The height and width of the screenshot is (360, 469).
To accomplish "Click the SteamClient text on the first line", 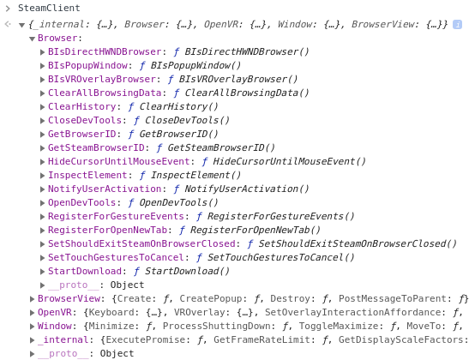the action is [49, 8].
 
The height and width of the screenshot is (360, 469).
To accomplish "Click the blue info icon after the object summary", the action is [457, 24].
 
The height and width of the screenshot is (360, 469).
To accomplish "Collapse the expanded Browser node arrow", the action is [32, 39].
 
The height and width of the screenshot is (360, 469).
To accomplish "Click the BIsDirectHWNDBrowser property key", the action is [105, 51].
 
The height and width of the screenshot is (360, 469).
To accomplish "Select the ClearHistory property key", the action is [82, 107].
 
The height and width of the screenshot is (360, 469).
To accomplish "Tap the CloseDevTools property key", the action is [85, 121].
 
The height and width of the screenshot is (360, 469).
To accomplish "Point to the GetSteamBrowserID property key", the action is [96, 147].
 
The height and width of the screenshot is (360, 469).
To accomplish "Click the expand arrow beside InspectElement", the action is [43, 176].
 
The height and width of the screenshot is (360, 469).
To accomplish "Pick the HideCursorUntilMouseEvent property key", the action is [119, 161].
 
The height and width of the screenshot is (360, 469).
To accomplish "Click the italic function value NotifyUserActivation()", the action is [246, 189].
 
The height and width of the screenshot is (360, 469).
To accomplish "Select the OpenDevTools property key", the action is [82, 203].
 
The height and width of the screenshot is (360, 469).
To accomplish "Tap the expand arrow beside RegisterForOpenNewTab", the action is [43, 231].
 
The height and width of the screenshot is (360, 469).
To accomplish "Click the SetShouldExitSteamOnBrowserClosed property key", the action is [141, 243].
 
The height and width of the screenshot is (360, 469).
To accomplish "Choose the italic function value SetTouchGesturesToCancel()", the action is [280, 257].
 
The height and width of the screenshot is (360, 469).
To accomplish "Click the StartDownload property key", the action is [85, 271].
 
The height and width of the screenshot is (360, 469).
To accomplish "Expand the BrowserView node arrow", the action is [32, 298].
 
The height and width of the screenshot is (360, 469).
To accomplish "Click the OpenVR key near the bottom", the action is [55, 313].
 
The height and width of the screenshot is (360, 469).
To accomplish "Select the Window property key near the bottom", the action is [55, 326].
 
